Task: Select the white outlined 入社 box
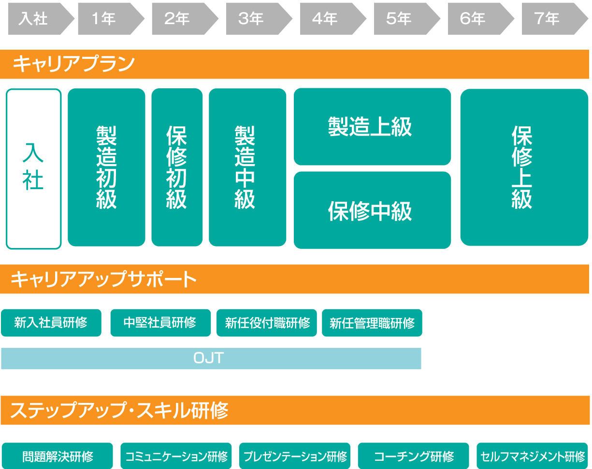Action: (33, 168)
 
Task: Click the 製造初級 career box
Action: (106, 167)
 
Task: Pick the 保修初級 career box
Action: (177, 167)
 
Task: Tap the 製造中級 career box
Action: (247, 167)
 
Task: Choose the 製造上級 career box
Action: (372, 127)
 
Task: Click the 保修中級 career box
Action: (372, 210)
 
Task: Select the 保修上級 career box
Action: (524, 167)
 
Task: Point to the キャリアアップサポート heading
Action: (103, 279)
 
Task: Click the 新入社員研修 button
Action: (51, 323)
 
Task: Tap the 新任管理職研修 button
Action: (372, 323)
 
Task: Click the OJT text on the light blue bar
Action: (208, 358)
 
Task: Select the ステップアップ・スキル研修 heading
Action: (119, 411)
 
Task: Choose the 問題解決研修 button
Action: (57, 456)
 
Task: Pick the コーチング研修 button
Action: (413, 456)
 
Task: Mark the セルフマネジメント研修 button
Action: (532, 456)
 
